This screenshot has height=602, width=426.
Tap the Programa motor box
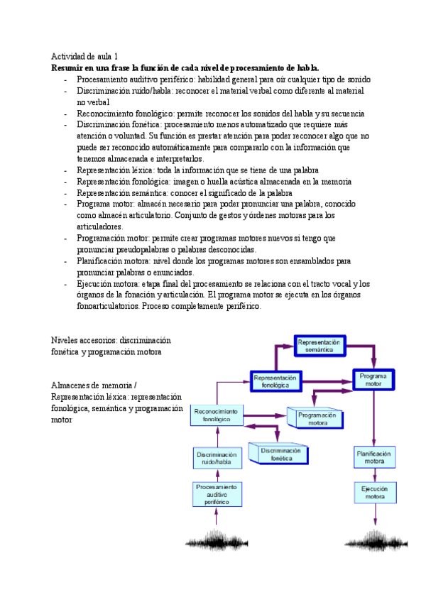click(x=373, y=379)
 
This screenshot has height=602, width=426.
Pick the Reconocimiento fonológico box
click(x=217, y=415)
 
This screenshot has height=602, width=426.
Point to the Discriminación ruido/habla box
click(x=217, y=458)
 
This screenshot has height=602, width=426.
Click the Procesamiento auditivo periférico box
click(x=217, y=493)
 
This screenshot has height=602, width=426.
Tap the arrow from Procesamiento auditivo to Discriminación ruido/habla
click(x=217, y=476)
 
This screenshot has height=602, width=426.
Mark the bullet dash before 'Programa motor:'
click(x=65, y=204)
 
